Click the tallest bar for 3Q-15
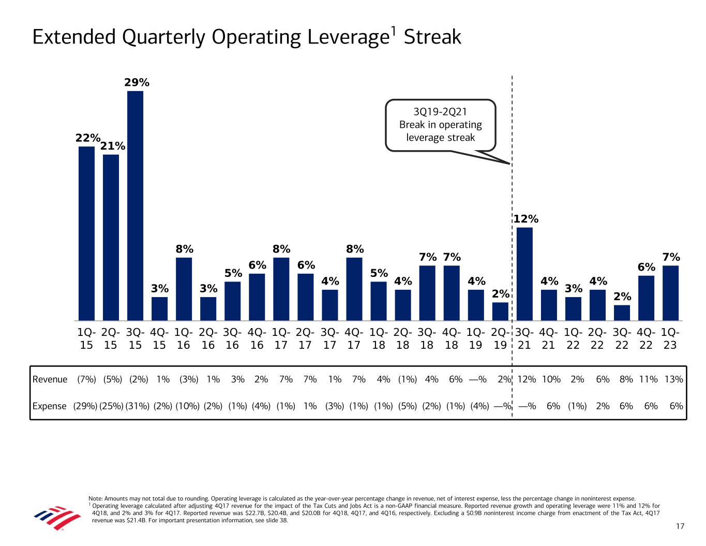(136, 205)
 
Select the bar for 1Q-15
(86, 233)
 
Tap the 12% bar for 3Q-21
(524, 274)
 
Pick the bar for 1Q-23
(670, 293)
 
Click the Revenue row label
(50, 379)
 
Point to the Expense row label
(50, 406)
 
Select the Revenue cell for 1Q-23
(673, 379)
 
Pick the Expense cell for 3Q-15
(136, 406)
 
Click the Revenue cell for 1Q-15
(86, 379)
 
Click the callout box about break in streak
(441, 125)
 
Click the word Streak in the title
(432, 37)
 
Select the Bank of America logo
(57, 518)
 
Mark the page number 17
(680, 526)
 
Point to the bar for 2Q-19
(500, 312)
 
